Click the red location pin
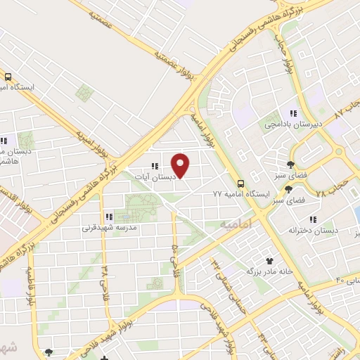coord(181,165)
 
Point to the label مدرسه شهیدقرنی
coord(109,227)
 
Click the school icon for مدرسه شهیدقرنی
coord(109,217)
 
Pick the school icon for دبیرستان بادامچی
coord(293,113)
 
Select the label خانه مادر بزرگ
coord(266,270)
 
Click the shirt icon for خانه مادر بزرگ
coord(269,259)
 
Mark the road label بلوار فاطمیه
coord(32,281)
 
